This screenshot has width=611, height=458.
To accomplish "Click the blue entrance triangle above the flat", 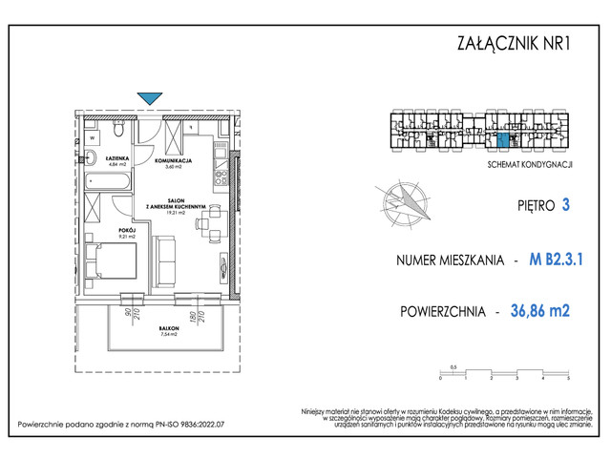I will [x=150, y=97].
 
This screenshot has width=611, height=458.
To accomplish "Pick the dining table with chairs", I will [x=210, y=225].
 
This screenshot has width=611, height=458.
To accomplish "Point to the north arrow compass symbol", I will [x=405, y=203].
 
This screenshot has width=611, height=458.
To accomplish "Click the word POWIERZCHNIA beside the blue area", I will [x=440, y=310].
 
